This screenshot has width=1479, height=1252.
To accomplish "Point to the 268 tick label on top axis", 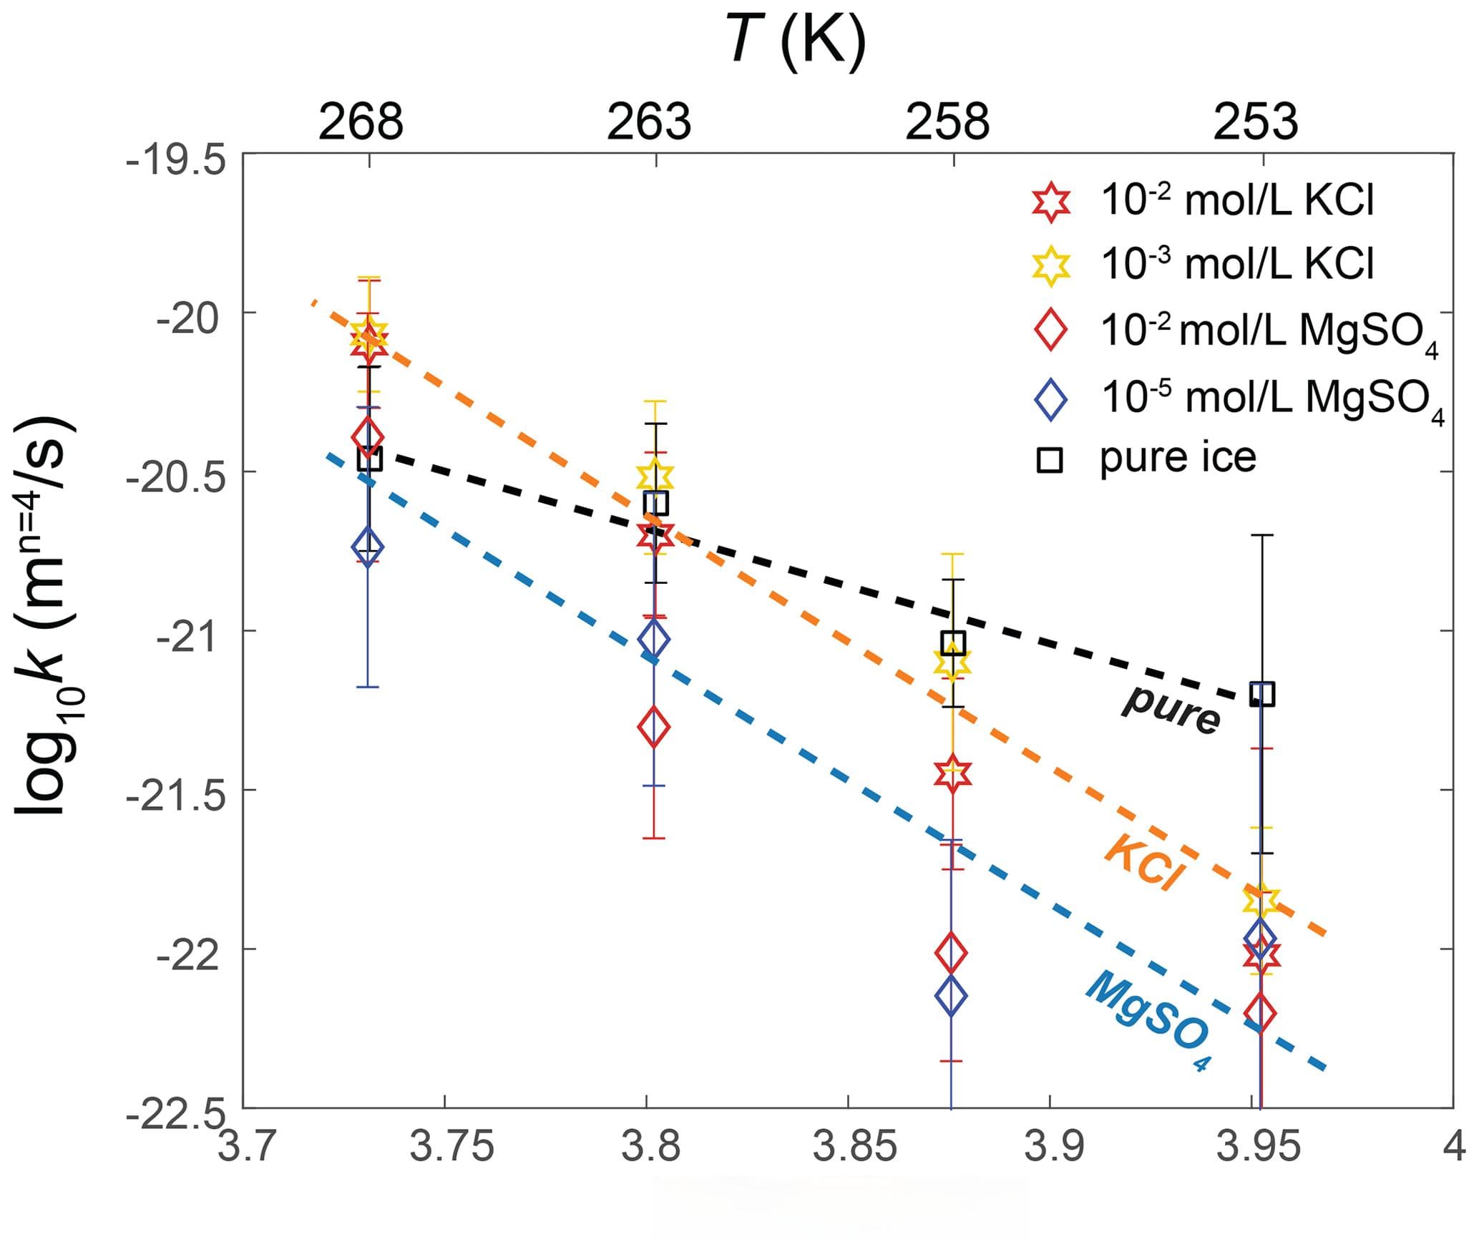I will [x=361, y=122].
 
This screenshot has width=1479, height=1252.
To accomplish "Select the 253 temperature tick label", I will [x=1255, y=122].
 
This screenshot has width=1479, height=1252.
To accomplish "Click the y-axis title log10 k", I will [x=49, y=615].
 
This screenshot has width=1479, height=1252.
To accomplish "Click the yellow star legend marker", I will [x=1050, y=265].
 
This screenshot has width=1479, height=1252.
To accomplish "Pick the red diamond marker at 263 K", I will [x=653, y=727].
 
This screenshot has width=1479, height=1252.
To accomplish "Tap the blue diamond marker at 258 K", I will [x=951, y=995].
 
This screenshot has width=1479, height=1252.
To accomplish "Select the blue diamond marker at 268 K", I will [x=368, y=547].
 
